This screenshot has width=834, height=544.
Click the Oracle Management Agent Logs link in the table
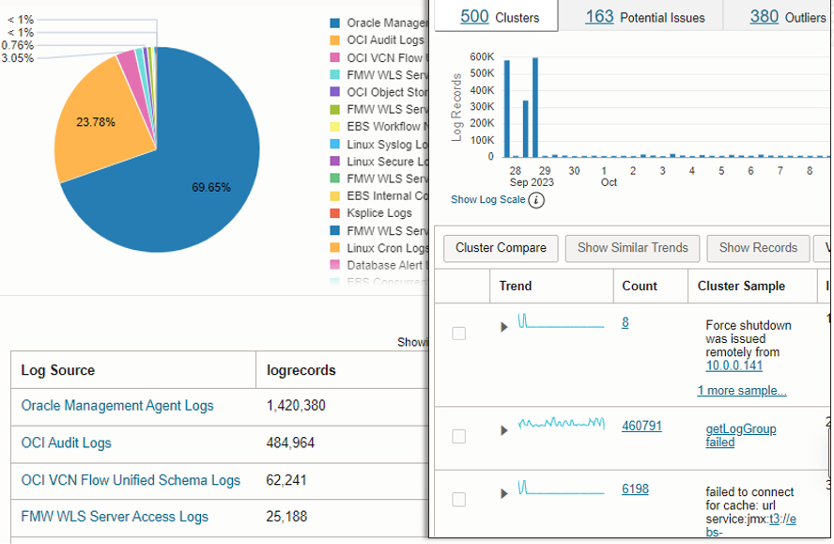click(x=117, y=406)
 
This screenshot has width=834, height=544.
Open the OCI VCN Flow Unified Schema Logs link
click(x=131, y=480)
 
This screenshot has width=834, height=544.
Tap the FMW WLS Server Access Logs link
click(x=115, y=517)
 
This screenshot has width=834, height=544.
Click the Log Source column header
click(x=58, y=370)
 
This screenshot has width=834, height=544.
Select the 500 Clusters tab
click(x=499, y=16)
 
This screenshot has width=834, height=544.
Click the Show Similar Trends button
click(x=632, y=248)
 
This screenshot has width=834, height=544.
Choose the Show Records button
click(x=758, y=248)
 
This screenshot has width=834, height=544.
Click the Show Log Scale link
click(x=488, y=200)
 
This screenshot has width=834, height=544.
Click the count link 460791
click(x=641, y=426)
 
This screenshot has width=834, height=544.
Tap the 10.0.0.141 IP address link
click(x=734, y=365)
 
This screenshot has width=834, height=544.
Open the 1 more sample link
click(x=742, y=391)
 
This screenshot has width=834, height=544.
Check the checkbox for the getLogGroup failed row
click(x=459, y=436)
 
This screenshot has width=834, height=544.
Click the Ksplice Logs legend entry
click(x=379, y=213)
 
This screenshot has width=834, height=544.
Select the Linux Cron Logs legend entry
click(x=386, y=248)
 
